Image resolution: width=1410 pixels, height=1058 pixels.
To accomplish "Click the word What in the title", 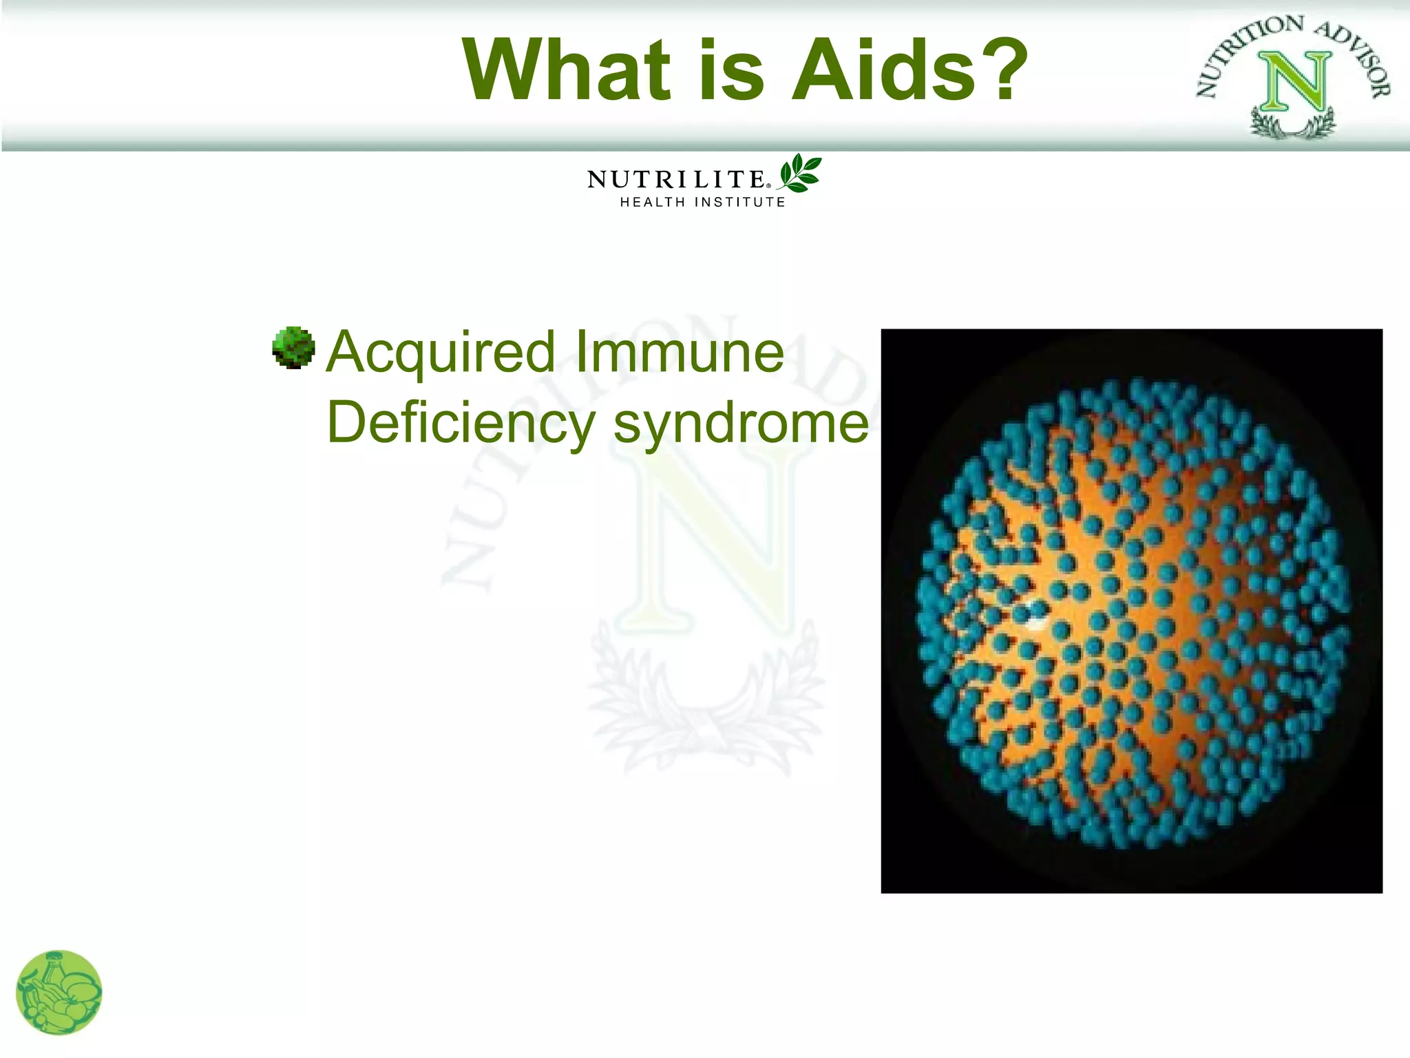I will pyautogui.click(x=566, y=70).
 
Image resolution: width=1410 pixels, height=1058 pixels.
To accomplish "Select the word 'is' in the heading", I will pyautogui.click(x=731, y=70).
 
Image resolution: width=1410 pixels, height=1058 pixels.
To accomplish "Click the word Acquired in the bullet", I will pyautogui.click(x=441, y=353).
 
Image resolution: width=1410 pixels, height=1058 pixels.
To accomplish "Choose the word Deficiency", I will pyautogui.click(x=460, y=424).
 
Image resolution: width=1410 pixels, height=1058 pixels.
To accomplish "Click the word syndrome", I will pyautogui.click(x=741, y=424).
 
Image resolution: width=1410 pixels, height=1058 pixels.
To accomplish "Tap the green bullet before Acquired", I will pyautogui.click(x=293, y=348).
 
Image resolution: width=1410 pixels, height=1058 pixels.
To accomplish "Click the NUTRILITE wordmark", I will pyautogui.click(x=675, y=180).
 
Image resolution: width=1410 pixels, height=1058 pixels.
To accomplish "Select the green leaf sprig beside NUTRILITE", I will pyautogui.click(x=800, y=172).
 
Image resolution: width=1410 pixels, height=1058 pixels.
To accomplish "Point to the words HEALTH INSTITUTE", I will pyautogui.click(x=702, y=203).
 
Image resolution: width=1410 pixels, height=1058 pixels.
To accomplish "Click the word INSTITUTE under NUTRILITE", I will pyautogui.click(x=739, y=203).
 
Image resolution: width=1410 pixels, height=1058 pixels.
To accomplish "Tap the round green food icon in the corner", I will pyautogui.click(x=59, y=993).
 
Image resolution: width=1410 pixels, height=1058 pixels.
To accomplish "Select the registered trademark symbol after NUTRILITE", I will pyautogui.click(x=769, y=185).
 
